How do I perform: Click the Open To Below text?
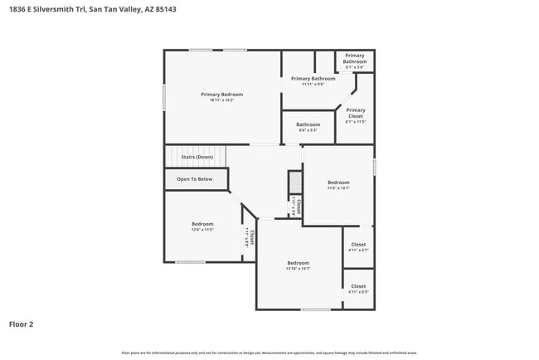coord(194,179)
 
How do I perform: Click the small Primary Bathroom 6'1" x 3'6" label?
coord(355,62)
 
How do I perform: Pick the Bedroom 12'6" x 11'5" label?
coord(203,226)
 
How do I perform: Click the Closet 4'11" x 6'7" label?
coord(358,247)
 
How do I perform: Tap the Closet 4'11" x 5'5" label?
coord(358,289)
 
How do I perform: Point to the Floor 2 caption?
coord(22,324)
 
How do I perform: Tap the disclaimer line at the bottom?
coord(269,353)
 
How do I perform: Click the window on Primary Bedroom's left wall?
coord(163,95)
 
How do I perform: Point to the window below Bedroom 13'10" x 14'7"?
coord(315,310)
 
